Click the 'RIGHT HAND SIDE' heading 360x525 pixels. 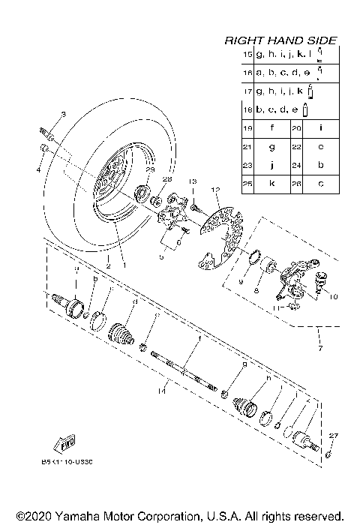click(280, 40)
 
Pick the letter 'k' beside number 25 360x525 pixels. click(271, 183)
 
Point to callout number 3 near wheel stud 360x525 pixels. click(63, 114)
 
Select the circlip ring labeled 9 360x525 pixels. click(253, 261)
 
